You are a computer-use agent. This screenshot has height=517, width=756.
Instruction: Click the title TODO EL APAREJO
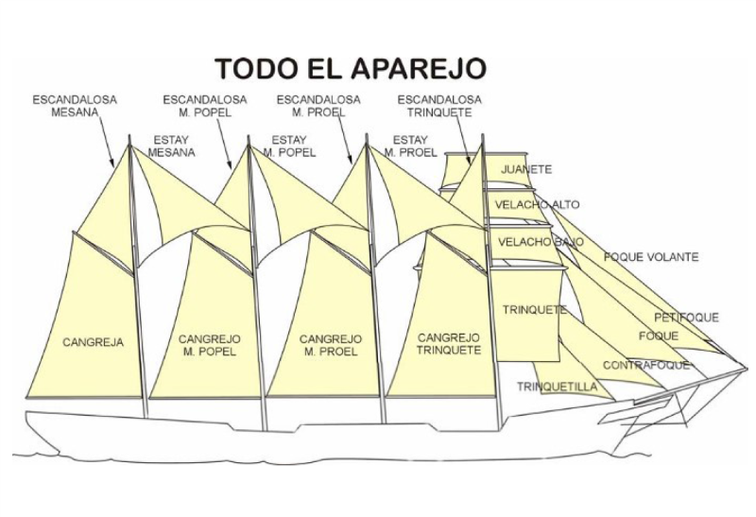[350, 69]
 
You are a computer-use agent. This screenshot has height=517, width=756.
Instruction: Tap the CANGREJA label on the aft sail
[94, 342]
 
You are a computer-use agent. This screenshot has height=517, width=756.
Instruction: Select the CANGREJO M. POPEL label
[208, 345]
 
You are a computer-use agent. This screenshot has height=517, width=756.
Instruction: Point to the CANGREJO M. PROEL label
[329, 345]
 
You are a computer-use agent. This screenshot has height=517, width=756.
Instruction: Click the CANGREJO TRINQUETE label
[449, 344]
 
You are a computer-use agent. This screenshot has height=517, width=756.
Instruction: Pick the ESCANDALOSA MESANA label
[68, 104]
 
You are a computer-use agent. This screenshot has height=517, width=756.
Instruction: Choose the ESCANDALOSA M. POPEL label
[205, 105]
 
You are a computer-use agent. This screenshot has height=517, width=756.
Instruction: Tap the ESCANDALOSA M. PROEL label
[318, 105]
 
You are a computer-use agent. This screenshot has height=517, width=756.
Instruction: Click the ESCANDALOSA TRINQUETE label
[439, 105]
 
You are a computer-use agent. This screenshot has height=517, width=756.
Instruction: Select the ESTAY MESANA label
[172, 146]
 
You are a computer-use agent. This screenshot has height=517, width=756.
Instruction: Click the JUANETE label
[527, 170]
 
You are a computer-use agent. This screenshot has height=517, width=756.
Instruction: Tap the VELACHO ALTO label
[537, 204]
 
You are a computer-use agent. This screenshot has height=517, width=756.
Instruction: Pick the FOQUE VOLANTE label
[651, 257]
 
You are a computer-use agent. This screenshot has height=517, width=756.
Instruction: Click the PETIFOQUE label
[686, 318]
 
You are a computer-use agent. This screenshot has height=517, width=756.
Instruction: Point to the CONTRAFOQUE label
[645, 365]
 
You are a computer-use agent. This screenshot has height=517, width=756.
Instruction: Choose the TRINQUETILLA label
[557, 386]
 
